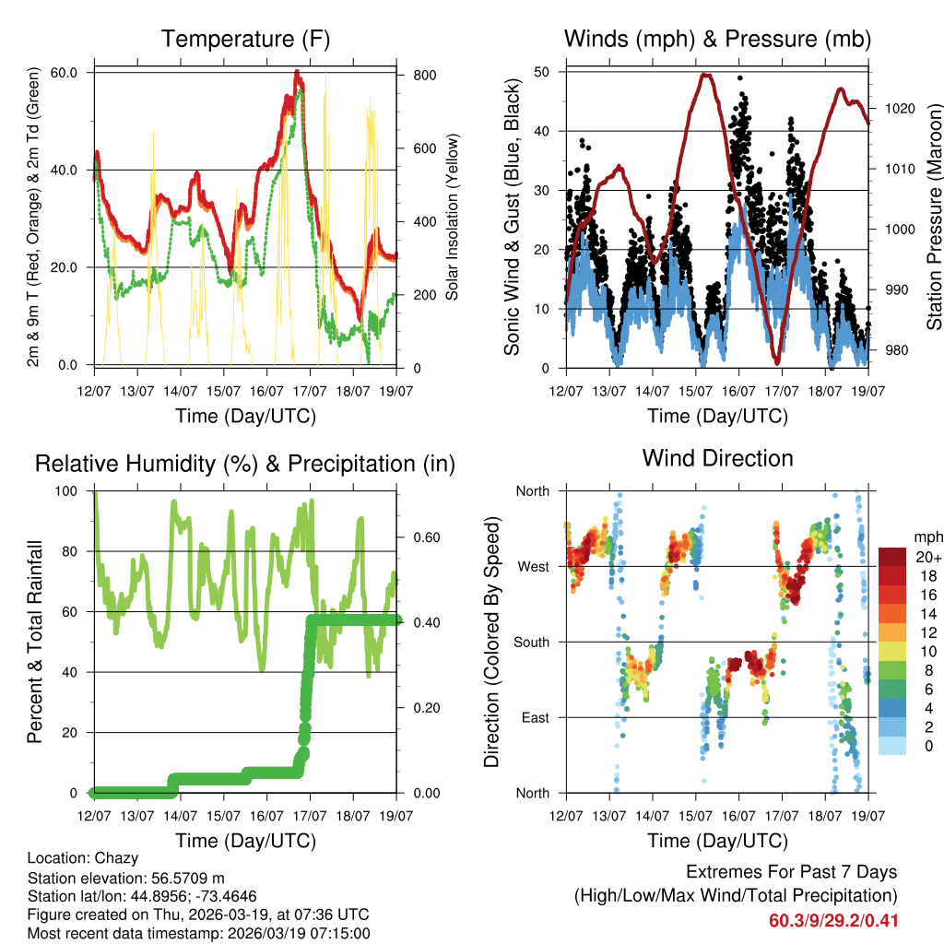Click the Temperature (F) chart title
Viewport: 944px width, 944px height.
tap(245, 39)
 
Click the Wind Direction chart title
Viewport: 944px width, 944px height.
tap(717, 458)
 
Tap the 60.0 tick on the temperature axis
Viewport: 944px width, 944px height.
tap(73, 72)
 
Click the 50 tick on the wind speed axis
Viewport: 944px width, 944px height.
tap(542, 71)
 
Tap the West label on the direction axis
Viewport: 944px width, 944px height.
tap(532, 566)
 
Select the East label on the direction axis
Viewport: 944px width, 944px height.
tap(533, 717)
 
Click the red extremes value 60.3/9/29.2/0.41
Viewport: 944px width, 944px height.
tap(833, 921)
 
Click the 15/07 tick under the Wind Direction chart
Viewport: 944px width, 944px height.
tap(695, 817)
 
